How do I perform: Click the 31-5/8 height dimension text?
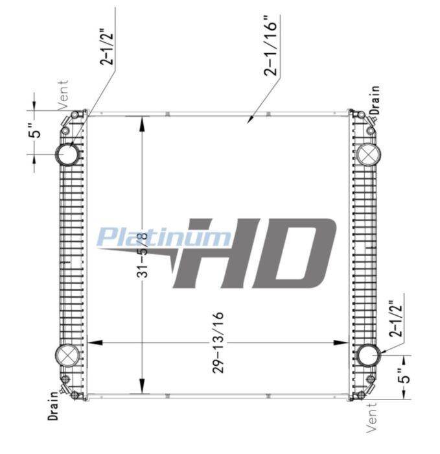[142, 254]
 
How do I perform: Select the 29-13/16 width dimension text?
[218, 342]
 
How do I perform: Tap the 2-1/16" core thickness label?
[270, 45]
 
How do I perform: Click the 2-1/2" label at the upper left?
[106, 46]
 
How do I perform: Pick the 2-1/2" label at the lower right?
[396, 318]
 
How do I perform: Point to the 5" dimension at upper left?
[36, 131]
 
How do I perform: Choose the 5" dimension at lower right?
[404, 376]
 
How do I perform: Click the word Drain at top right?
[375, 100]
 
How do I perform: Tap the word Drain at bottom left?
[53, 405]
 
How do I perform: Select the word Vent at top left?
[63, 95]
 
